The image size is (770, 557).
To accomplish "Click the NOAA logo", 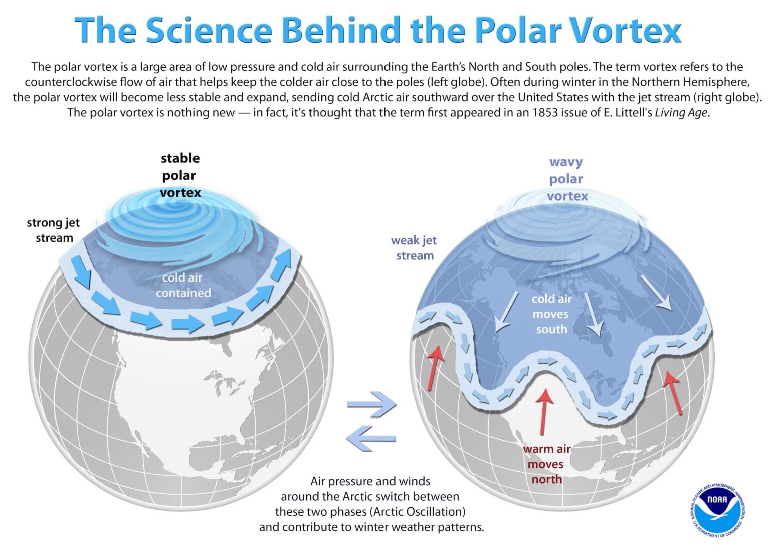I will click(x=717, y=511).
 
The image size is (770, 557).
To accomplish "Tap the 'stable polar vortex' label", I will click(x=180, y=175).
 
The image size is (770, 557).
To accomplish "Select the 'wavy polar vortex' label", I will click(x=566, y=179).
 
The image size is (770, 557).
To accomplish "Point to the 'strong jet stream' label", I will click(x=53, y=230).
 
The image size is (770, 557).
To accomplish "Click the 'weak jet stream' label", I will click(x=414, y=248).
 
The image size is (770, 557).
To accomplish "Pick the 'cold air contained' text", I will click(x=182, y=285).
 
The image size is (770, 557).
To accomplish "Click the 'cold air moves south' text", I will click(x=551, y=314).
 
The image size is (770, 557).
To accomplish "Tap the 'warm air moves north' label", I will click(x=546, y=464).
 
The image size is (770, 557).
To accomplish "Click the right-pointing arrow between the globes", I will click(x=372, y=404).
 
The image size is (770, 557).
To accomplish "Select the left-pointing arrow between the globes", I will click(x=371, y=438).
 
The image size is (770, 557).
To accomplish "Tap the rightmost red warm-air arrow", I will click(x=673, y=393).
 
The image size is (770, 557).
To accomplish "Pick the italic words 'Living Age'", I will click(x=681, y=112).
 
